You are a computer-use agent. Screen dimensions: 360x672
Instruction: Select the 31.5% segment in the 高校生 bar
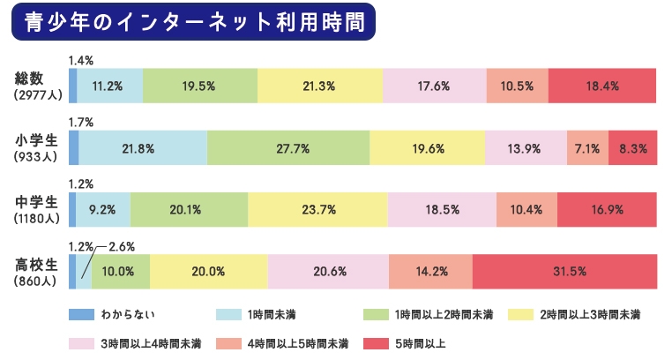tap(564, 271)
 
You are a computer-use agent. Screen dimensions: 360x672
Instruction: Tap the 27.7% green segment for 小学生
tap(288, 148)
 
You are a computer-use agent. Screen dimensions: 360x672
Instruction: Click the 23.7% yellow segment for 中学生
tap(317, 210)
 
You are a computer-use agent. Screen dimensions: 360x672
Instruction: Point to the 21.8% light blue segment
tap(143, 148)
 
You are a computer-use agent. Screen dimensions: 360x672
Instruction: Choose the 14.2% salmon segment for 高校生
tap(429, 271)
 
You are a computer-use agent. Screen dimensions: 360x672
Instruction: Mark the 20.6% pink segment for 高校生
tap(327, 271)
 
